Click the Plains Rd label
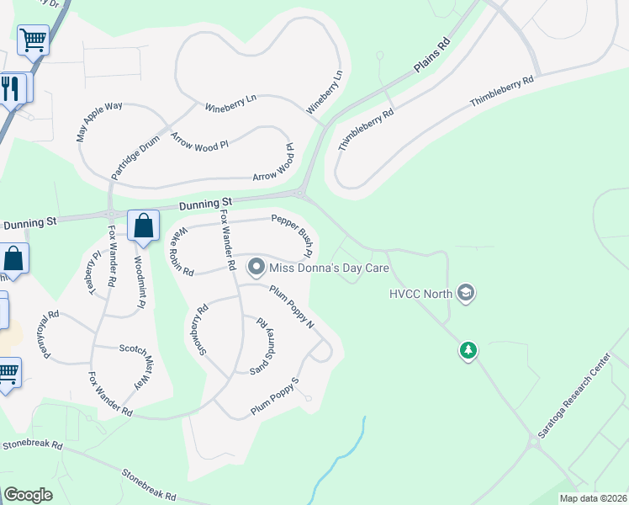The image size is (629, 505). click(x=432, y=56)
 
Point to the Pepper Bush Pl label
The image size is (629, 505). click(x=293, y=235)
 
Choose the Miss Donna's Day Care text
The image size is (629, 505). click(x=329, y=268)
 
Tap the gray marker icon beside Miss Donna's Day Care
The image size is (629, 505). click(x=256, y=268)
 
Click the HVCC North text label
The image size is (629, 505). click(x=420, y=294)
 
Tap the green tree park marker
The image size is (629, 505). click(x=468, y=349)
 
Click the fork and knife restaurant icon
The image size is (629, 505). click(x=10, y=88)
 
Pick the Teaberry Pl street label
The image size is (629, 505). click(x=92, y=269)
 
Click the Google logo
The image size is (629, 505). click(x=29, y=495)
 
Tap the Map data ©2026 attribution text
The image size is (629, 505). click(x=593, y=498)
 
